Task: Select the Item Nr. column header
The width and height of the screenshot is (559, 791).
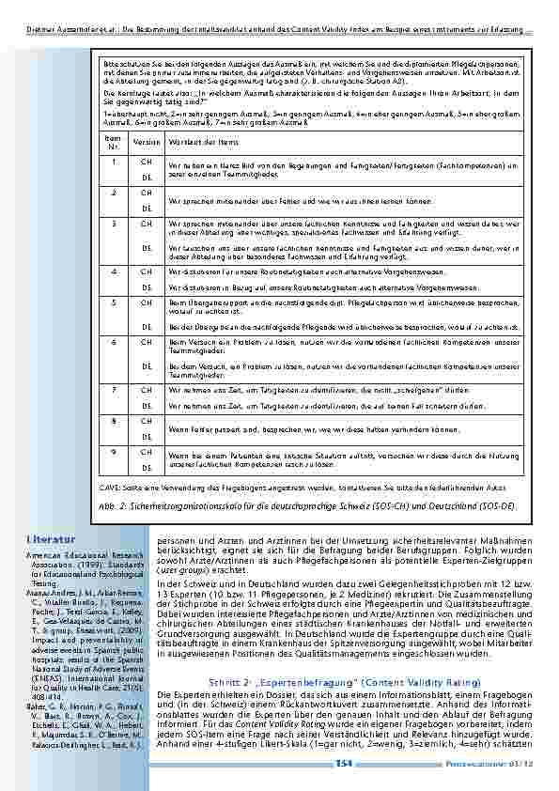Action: (x=113, y=141)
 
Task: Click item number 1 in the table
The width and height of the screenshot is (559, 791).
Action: (x=114, y=162)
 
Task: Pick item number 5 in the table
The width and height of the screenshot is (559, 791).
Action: (x=114, y=302)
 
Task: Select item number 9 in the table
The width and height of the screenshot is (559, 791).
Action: (x=114, y=451)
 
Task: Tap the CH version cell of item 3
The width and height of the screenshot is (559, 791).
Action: (x=145, y=224)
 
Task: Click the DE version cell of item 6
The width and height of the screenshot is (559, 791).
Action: (x=146, y=365)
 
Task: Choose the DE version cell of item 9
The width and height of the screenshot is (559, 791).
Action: (x=146, y=467)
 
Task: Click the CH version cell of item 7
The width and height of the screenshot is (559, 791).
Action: (x=145, y=388)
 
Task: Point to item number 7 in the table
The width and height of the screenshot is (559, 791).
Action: (x=114, y=388)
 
